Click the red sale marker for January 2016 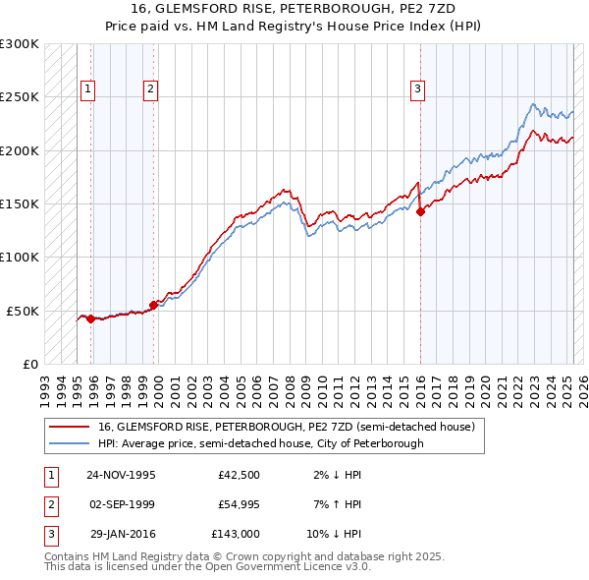[420, 210]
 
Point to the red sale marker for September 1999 [153, 305]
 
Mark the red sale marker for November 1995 [90, 319]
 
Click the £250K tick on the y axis [19, 97]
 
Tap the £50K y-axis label [23, 311]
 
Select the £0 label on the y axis [29, 364]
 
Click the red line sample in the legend [71, 427]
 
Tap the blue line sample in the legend [71, 443]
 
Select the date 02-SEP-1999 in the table [122, 504]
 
